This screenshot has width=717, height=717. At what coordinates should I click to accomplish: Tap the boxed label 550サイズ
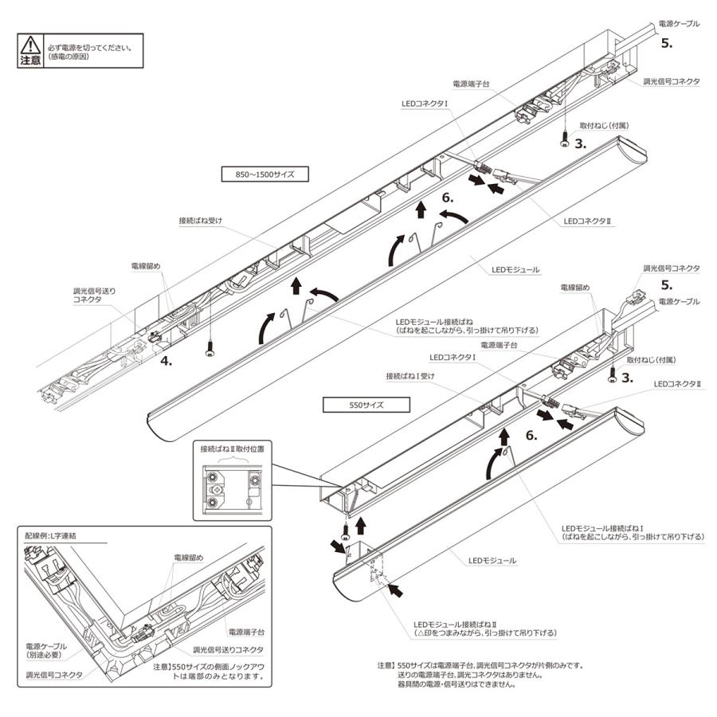point(366,404)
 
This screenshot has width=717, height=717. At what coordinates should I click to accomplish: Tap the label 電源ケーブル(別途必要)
point(46,650)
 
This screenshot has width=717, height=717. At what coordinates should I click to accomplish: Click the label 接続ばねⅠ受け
point(408,374)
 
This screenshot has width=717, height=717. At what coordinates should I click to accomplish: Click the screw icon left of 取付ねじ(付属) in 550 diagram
point(612,372)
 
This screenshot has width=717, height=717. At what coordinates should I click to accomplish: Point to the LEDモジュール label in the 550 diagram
point(492,562)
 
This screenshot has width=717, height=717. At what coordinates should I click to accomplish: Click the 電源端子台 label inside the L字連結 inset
point(245,631)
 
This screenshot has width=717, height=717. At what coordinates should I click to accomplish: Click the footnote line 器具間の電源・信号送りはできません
point(456,684)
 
